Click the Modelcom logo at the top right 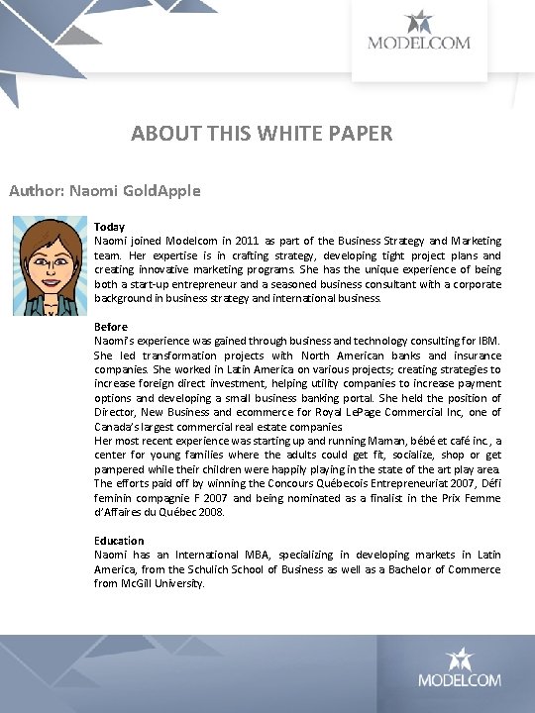pyautogui.click(x=419, y=31)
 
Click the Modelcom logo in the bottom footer pyautogui.click(x=459, y=667)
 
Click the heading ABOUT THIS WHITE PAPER pyautogui.click(x=262, y=133)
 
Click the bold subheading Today pyautogui.click(x=109, y=227)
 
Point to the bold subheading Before pyautogui.click(x=111, y=327)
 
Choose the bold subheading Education pyautogui.click(x=119, y=541)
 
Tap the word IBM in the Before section pyautogui.click(x=488, y=341)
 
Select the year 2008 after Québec pyautogui.click(x=210, y=513)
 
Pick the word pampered pyautogui.click(x=121, y=469)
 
